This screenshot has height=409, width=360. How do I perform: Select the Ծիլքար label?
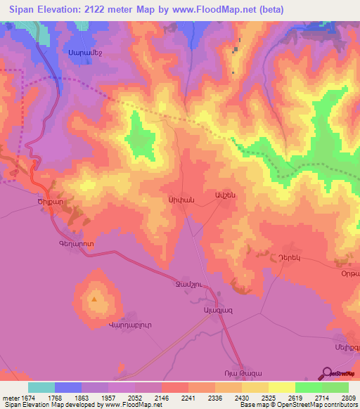[51, 200]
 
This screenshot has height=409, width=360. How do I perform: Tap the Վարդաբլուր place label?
[110, 324]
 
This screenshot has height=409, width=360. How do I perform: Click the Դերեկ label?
[289, 258]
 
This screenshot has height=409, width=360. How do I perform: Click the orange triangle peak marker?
[94, 299]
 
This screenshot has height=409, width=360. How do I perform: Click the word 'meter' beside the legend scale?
[10, 398]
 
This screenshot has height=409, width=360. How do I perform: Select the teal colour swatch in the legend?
[41, 387]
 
